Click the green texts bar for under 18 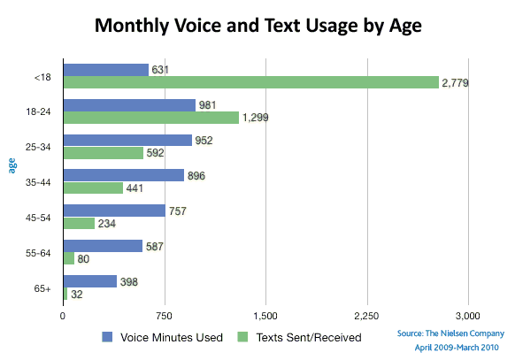point(251,82)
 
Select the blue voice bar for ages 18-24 point(129,105)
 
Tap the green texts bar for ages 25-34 point(104,153)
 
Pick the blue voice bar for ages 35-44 point(124,175)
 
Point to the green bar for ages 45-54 point(79,224)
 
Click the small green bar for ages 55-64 point(69,258)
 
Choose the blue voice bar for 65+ point(90,281)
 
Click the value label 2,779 point(455,83)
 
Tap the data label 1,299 point(255,118)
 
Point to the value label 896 point(196,176)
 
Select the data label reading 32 point(76,295)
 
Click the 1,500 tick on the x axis point(265,316)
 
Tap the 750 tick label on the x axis point(165,316)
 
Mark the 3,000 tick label point(468,316)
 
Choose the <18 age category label point(42,78)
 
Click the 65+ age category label point(42,288)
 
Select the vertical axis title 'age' point(12,165)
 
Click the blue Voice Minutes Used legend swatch point(107,337)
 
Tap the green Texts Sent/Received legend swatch point(242,337)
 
